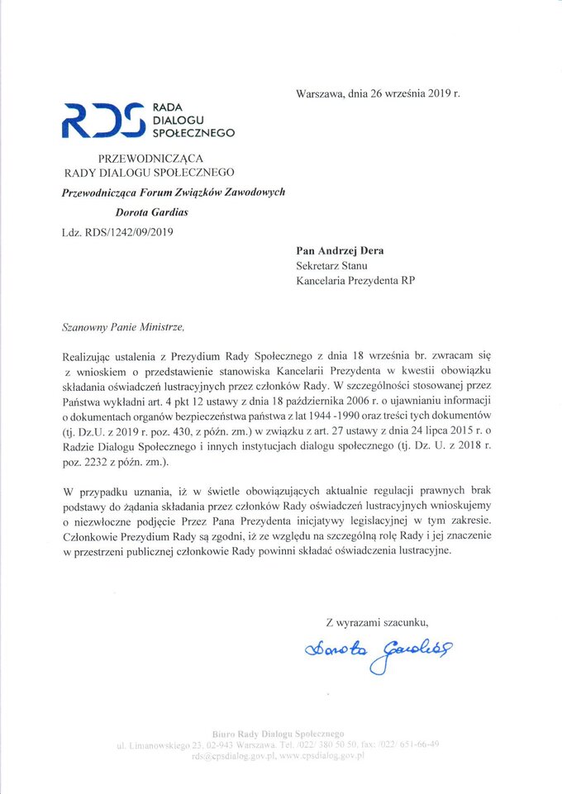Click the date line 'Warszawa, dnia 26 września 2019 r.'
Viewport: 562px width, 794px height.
tap(377, 93)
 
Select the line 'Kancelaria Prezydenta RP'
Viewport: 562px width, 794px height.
tap(355, 280)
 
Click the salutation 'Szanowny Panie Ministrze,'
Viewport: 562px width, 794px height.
tap(118, 327)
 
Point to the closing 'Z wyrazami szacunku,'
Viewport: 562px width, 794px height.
tap(378, 621)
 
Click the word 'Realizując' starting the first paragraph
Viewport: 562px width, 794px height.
tap(88, 356)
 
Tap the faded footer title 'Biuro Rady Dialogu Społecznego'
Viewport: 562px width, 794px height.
tap(278, 732)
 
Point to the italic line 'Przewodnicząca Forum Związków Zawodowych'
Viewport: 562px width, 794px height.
tap(174, 192)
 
